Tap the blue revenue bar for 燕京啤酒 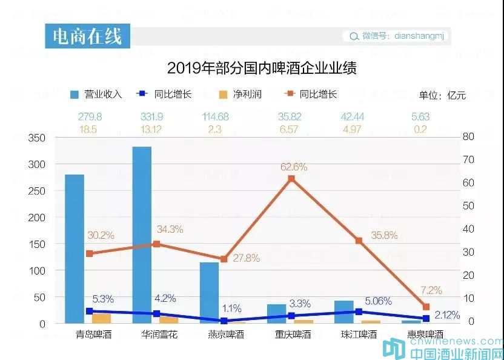click(209, 291)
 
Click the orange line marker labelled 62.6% click(291, 179)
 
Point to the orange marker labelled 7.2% click(426, 307)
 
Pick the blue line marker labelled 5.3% click(90, 311)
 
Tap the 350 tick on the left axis click(37, 138)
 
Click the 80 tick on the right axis click(468, 136)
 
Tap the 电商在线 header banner click(87, 36)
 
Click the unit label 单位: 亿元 click(442, 95)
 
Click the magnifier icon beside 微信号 click(354, 36)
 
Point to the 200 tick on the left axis click(37, 218)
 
